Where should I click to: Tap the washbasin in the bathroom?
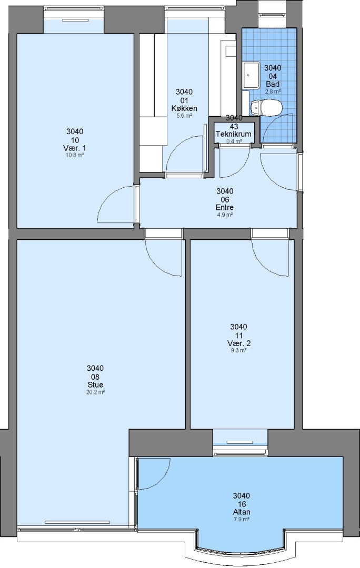(252, 75)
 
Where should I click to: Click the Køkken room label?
(184, 108)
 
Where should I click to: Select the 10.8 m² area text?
(75, 155)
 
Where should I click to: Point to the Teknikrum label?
(234, 134)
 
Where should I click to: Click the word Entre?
(224, 208)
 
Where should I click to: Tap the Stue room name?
(95, 384)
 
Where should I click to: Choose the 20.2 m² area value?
(95, 392)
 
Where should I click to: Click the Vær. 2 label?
(239, 343)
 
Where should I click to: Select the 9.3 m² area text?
(239, 350)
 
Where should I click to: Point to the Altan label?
(242, 512)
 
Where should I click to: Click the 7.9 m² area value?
(242, 519)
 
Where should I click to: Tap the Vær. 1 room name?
(74, 148)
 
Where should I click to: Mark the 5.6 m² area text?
(184, 116)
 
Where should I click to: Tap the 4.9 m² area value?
(224, 215)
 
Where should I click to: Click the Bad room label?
(273, 84)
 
